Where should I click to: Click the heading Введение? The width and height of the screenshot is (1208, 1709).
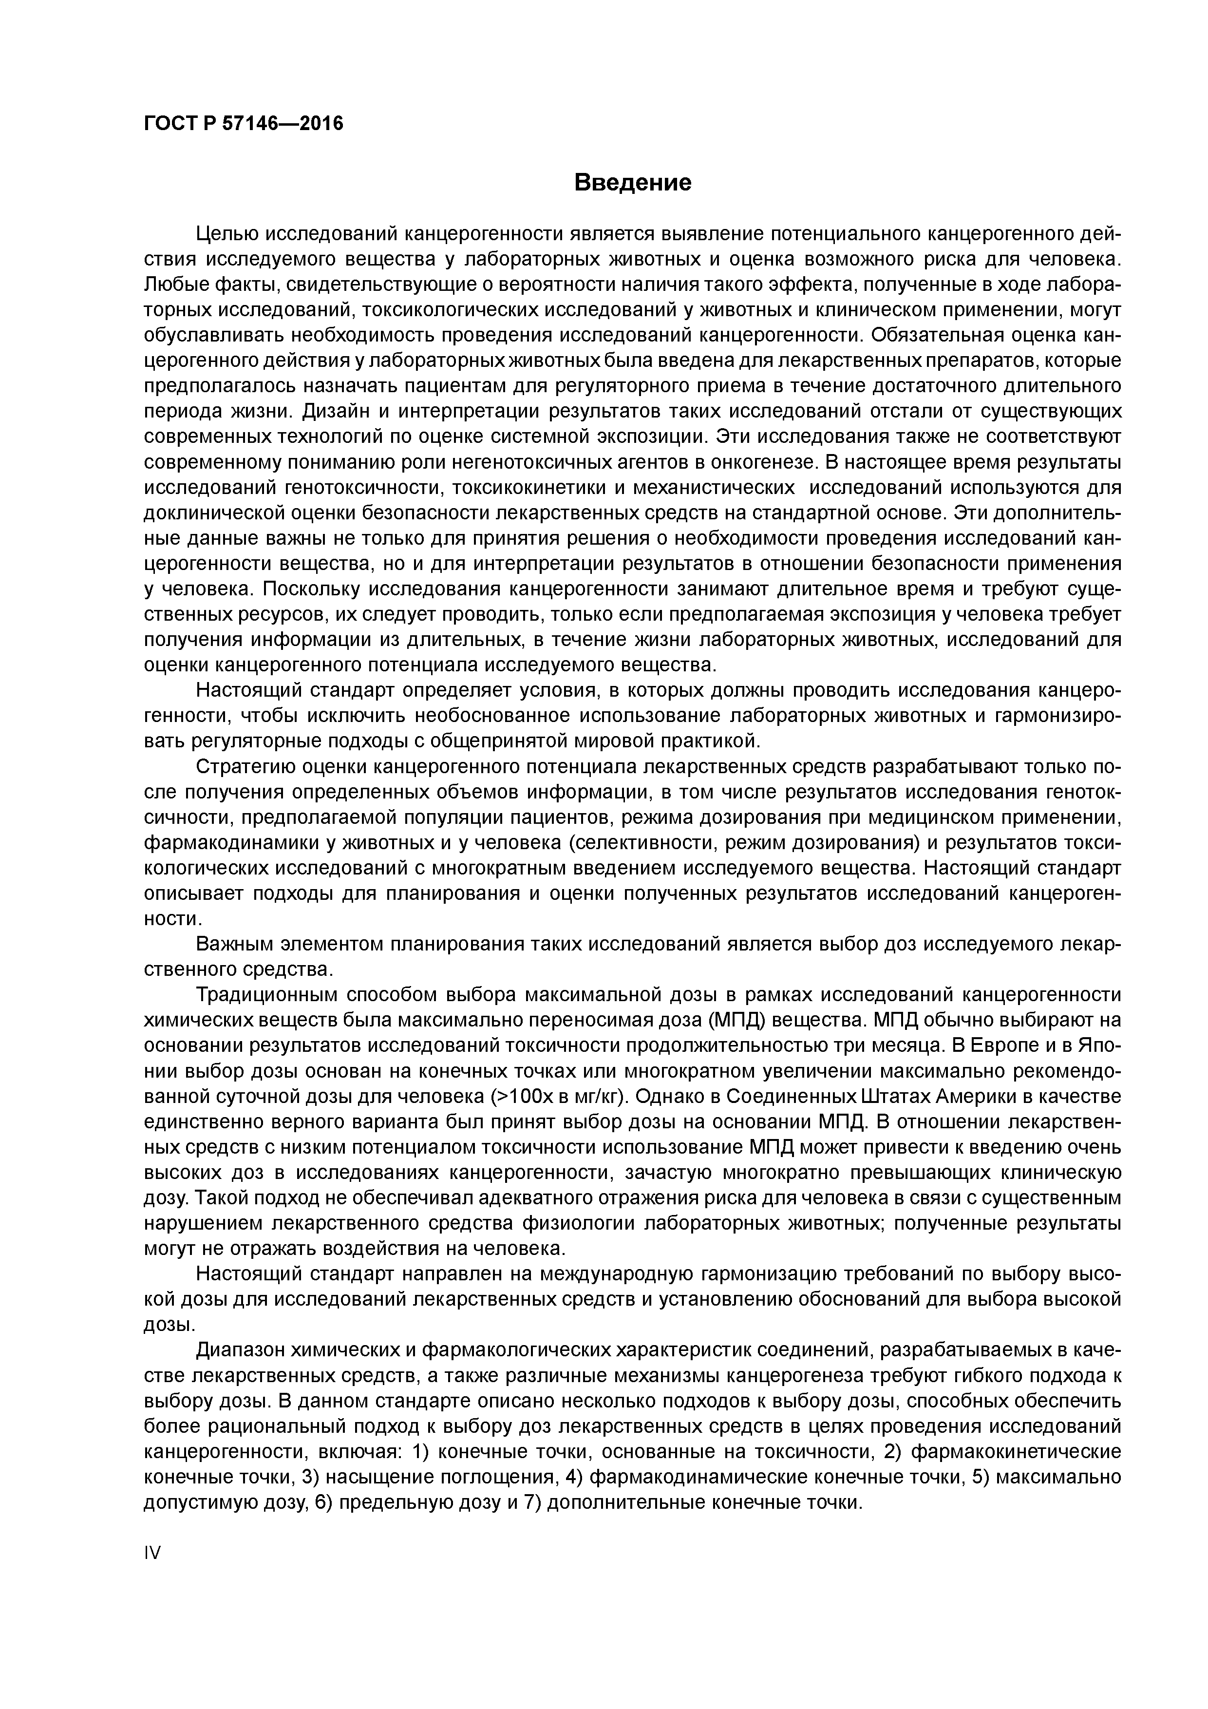(x=633, y=182)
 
